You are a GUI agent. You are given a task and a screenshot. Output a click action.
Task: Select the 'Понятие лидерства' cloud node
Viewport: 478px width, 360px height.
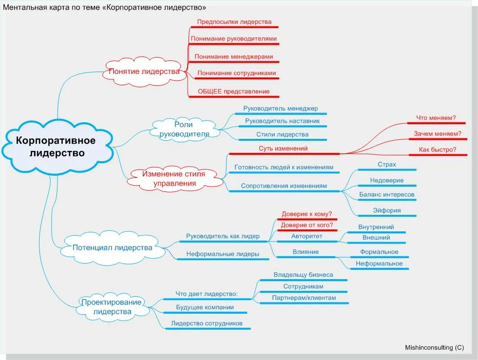144,72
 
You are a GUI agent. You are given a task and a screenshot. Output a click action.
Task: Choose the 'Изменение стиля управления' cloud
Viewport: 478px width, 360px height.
174,179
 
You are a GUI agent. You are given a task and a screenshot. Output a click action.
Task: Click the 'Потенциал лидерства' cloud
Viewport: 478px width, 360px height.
112,247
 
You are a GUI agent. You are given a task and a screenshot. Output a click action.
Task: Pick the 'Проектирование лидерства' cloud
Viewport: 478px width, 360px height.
112,306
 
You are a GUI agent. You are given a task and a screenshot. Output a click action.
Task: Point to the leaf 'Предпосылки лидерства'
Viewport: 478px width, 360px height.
234,22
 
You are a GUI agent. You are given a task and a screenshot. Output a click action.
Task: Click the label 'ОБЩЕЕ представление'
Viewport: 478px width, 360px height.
234,92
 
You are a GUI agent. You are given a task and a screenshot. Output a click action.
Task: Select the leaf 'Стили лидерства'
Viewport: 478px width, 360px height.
282,134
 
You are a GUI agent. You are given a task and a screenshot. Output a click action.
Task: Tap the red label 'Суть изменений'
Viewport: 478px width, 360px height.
283,149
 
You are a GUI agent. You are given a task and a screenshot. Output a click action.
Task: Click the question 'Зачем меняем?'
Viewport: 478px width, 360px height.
438,134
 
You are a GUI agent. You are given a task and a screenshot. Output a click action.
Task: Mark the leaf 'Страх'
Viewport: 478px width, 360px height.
387,165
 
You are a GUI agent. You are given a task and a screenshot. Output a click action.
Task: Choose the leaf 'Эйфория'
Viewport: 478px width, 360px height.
387,210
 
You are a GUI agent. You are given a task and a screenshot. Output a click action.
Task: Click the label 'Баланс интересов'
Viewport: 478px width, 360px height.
387,195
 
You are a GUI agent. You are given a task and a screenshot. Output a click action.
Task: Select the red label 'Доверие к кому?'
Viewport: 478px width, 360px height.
306,214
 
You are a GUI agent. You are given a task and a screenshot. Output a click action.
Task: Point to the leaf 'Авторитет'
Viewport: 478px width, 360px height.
306,236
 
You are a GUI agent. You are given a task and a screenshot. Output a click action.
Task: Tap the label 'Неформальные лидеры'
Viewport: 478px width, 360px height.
223,254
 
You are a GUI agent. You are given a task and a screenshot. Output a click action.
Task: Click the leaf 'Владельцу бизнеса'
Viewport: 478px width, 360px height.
304,275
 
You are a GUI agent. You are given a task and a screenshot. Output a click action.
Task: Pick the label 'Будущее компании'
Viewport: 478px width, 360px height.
205,307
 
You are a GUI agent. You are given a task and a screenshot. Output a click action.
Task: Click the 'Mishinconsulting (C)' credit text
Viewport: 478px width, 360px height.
435,348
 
